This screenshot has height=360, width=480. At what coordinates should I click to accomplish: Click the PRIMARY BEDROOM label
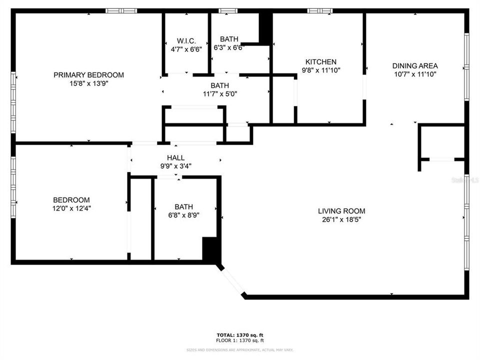click(x=88, y=75)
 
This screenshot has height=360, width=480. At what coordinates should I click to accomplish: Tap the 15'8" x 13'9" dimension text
click(x=88, y=83)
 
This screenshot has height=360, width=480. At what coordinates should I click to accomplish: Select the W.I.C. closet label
click(x=186, y=41)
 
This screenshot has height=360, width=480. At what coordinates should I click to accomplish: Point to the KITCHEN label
click(x=318, y=62)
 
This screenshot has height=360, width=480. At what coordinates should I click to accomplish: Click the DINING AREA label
click(x=415, y=65)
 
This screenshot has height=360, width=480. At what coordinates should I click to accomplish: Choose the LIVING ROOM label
click(x=341, y=211)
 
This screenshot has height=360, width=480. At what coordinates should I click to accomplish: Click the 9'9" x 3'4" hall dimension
click(x=175, y=166)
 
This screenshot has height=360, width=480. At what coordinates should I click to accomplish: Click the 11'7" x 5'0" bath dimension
click(x=219, y=93)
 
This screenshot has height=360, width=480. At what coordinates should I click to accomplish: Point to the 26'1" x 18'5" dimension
click(x=341, y=219)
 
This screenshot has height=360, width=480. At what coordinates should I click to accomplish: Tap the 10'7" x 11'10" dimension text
click(x=415, y=74)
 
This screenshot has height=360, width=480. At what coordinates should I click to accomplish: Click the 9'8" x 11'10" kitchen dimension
click(x=320, y=70)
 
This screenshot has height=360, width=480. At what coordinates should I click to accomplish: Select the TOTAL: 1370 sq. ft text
click(x=239, y=334)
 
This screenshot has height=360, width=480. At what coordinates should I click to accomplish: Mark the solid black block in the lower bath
click(x=210, y=248)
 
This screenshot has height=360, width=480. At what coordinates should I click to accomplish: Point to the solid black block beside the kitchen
click(x=265, y=28)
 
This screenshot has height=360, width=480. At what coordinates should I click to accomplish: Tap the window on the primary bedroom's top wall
click(x=121, y=10)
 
